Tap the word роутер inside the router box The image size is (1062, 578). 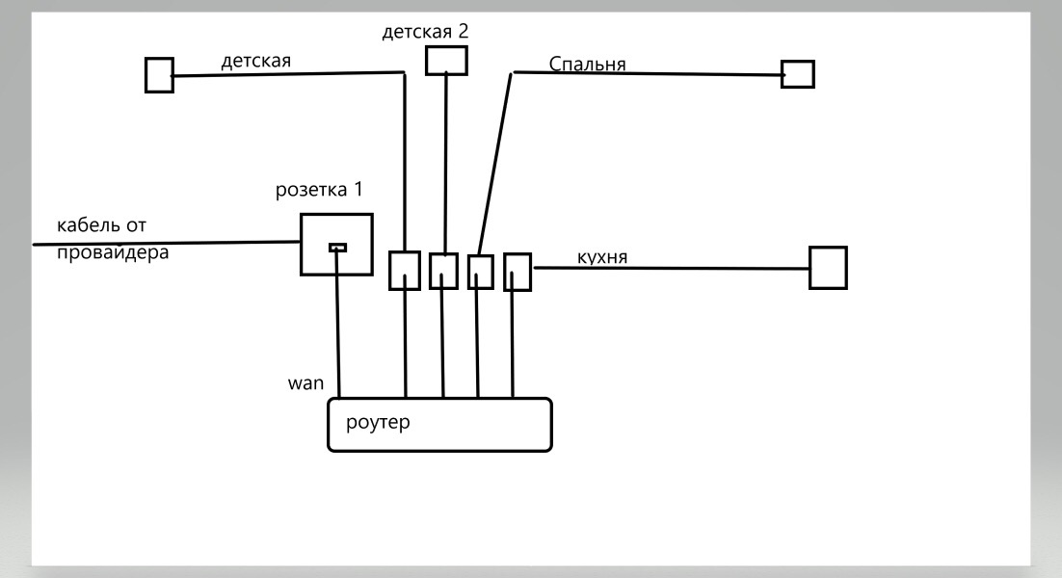[x=378, y=422]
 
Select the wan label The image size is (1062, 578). [x=305, y=383]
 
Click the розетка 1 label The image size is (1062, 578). [x=319, y=190]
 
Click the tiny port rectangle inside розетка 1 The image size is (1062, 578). [x=337, y=248]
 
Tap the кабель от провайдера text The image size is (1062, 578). [x=113, y=238]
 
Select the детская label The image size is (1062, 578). [x=256, y=61]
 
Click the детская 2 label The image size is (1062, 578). [x=425, y=32]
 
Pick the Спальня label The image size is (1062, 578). [x=587, y=65]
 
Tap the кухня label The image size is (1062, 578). [x=602, y=257]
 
